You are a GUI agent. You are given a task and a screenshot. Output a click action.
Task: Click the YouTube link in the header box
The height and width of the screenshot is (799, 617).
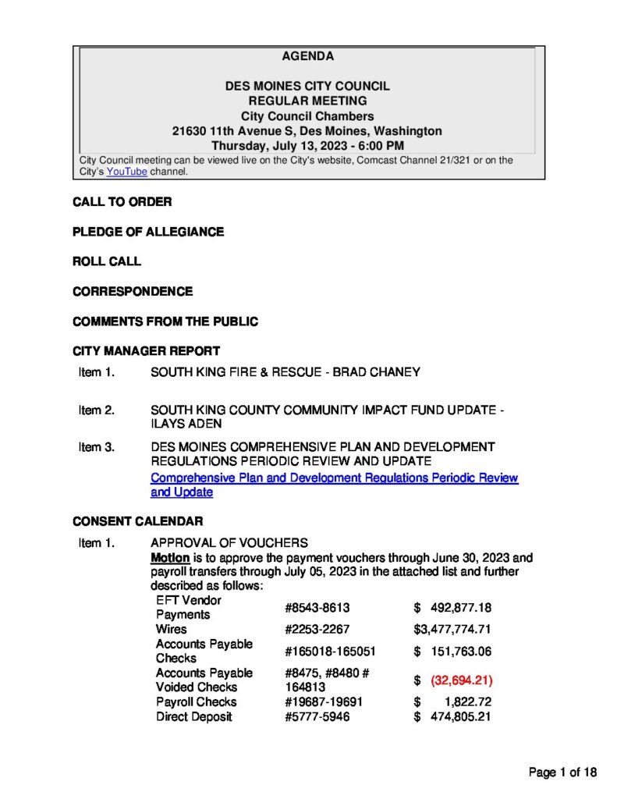tap(126, 172)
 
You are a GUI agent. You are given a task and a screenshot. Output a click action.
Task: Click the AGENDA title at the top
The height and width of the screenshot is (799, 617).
tap(307, 56)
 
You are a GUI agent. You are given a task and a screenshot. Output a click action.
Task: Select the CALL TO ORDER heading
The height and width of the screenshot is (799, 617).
tap(122, 202)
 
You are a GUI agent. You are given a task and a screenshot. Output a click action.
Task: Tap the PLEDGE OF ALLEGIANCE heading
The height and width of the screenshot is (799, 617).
tap(147, 232)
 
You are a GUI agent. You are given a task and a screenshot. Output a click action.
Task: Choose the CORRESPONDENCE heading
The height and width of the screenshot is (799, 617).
tap(133, 291)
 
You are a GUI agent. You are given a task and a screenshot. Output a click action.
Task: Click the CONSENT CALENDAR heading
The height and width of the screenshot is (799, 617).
tap(137, 520)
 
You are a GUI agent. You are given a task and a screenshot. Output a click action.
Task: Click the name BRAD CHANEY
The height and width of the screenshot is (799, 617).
tap(376, 372)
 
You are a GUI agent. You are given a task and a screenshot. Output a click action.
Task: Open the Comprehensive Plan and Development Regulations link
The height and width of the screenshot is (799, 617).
tap(334, 478)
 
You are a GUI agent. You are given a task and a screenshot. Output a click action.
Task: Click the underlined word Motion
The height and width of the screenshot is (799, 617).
tap(169, 558)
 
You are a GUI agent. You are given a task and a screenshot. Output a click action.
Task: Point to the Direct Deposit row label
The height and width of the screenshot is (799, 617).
tap(193, 716)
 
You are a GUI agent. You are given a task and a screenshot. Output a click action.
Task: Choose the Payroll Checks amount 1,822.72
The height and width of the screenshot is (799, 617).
tap(461, 701)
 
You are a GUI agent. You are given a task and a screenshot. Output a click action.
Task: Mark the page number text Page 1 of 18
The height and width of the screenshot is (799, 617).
tap(562, 772)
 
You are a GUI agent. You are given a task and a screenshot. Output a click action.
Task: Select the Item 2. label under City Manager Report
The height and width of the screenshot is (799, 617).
tap(97, 410)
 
